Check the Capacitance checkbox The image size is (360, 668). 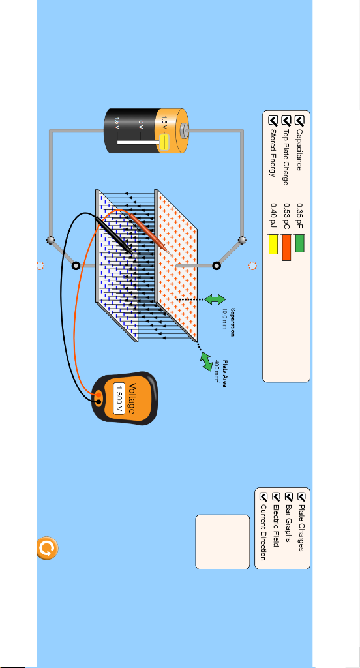(300, 120)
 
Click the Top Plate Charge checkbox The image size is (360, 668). (286, 120)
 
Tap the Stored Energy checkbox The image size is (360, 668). (273, 120)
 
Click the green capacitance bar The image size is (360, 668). (300, 243)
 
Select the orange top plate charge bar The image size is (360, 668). (286, 247)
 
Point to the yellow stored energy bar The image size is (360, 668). (273, 245)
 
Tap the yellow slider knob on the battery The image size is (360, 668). (164, 142)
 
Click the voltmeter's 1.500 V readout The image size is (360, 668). (119, 399)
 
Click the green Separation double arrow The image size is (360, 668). (215, 299)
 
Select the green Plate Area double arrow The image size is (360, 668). (207, 361)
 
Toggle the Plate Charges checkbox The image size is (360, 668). (301, 496)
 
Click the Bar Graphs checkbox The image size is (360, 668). (289, 496)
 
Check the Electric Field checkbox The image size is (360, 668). (276, 496)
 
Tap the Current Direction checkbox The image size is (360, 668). (263, 496)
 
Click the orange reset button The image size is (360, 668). (48, 548)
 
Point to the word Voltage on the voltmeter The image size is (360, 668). (132, 399)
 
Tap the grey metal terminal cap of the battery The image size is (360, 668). (184, 130)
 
